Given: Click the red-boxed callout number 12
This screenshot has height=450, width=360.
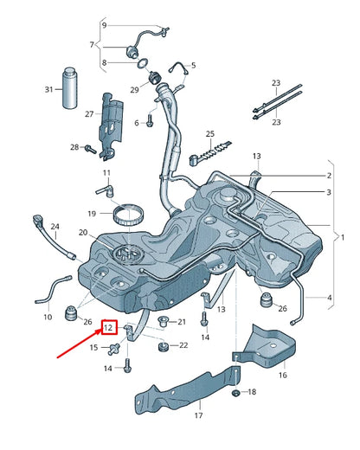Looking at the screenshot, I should [108, 327].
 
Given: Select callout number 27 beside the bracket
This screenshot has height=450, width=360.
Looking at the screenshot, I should [88, 113].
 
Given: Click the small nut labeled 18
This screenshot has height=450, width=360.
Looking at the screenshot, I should [235, 394].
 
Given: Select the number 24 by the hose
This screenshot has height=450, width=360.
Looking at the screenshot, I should [55, 227].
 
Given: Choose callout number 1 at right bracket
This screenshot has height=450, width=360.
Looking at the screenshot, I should [342, 235].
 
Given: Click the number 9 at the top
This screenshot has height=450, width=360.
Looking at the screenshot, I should [105, 25].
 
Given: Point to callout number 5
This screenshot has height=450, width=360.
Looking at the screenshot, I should [194, 65].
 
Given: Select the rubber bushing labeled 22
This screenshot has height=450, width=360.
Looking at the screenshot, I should [162, 347].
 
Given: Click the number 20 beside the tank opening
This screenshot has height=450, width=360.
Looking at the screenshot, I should [83, 233].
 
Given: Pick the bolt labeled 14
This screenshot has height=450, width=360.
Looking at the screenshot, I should [127, 367].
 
